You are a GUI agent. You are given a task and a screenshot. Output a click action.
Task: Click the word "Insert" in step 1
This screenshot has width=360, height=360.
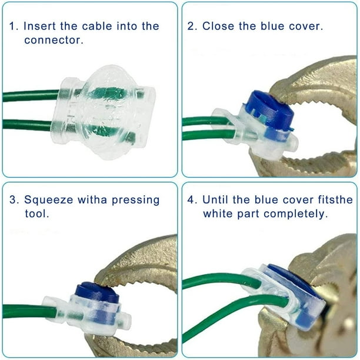(x=39, y=26)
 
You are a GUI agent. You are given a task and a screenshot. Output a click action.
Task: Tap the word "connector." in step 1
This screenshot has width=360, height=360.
(x=54, y=40)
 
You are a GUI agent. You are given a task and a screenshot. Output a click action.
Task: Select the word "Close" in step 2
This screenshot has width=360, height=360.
(x=218, y=26)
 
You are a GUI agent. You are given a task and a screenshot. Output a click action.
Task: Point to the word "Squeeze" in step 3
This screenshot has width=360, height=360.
(x=48, y=200)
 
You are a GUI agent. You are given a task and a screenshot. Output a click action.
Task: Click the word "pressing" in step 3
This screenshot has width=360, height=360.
(x=135, y=200)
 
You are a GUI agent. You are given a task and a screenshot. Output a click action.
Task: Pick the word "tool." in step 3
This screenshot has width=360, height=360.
(x=37, y=214)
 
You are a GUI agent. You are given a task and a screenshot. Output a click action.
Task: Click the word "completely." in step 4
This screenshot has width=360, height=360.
(x=295, y=214)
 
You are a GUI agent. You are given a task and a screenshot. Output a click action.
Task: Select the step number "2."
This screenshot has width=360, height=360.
(x=192, y=26)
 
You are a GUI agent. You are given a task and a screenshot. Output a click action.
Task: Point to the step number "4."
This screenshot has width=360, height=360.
(x=192, y=199)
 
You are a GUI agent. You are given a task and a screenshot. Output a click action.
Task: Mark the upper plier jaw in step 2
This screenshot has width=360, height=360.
(x=315, y=81)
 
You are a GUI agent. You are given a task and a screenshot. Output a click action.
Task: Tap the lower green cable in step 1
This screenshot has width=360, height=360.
(x=28, y=125)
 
